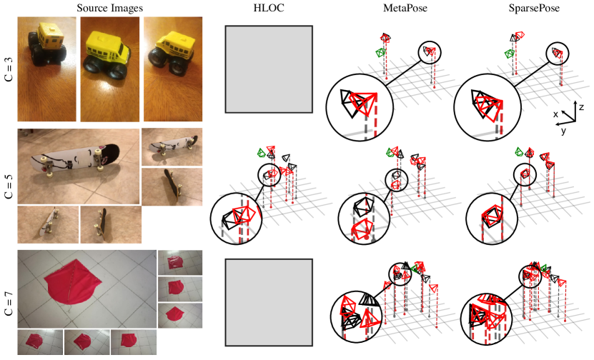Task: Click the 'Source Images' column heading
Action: (110, 8)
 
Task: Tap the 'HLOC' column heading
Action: (269, 8)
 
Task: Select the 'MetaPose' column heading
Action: (405, 8)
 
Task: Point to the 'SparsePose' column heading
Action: (534, 8)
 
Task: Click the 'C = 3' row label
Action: (9, 69)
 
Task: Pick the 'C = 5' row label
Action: (9, 186)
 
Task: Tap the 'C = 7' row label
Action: (9, 304)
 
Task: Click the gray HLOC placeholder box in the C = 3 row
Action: (269, 69)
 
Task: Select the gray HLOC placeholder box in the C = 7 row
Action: (269, 302)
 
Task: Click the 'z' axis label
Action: (582, 106)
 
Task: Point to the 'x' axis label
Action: (555, 114)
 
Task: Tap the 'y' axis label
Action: (564, 131)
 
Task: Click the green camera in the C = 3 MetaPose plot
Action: (380, 52)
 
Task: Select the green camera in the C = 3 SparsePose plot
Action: (510, 54)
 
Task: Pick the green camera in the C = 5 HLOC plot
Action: (261, 153)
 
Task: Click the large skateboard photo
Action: (79, 166)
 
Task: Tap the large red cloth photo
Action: (86, 289)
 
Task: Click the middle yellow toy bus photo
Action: (110, 69)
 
